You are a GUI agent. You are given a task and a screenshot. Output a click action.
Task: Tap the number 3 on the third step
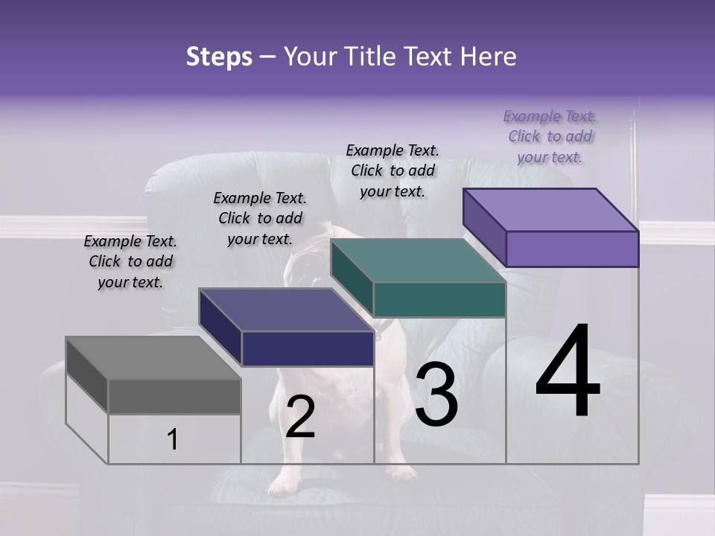point(436,397)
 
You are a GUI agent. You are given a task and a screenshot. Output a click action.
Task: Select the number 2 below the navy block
point(300,417)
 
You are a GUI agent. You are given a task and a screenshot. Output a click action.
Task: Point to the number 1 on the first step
point(173,440)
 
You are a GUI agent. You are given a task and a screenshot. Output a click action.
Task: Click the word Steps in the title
point(219,57)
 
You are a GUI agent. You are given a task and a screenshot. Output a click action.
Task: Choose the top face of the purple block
point(551,210)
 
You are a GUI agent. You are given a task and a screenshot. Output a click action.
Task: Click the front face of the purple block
point(572,249)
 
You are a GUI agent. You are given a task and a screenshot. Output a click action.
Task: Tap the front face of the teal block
point(439,299)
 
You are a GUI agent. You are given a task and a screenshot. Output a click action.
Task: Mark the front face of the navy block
point(307,348)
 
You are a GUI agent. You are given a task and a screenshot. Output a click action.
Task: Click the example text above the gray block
point(130,261)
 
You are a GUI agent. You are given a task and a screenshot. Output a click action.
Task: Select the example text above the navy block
point(260,218)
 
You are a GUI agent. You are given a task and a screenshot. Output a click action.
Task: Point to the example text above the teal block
point(393,170)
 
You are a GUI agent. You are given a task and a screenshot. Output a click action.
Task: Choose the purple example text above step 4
point(550,136)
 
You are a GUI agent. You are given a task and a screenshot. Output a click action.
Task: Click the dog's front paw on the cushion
point(282,485)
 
